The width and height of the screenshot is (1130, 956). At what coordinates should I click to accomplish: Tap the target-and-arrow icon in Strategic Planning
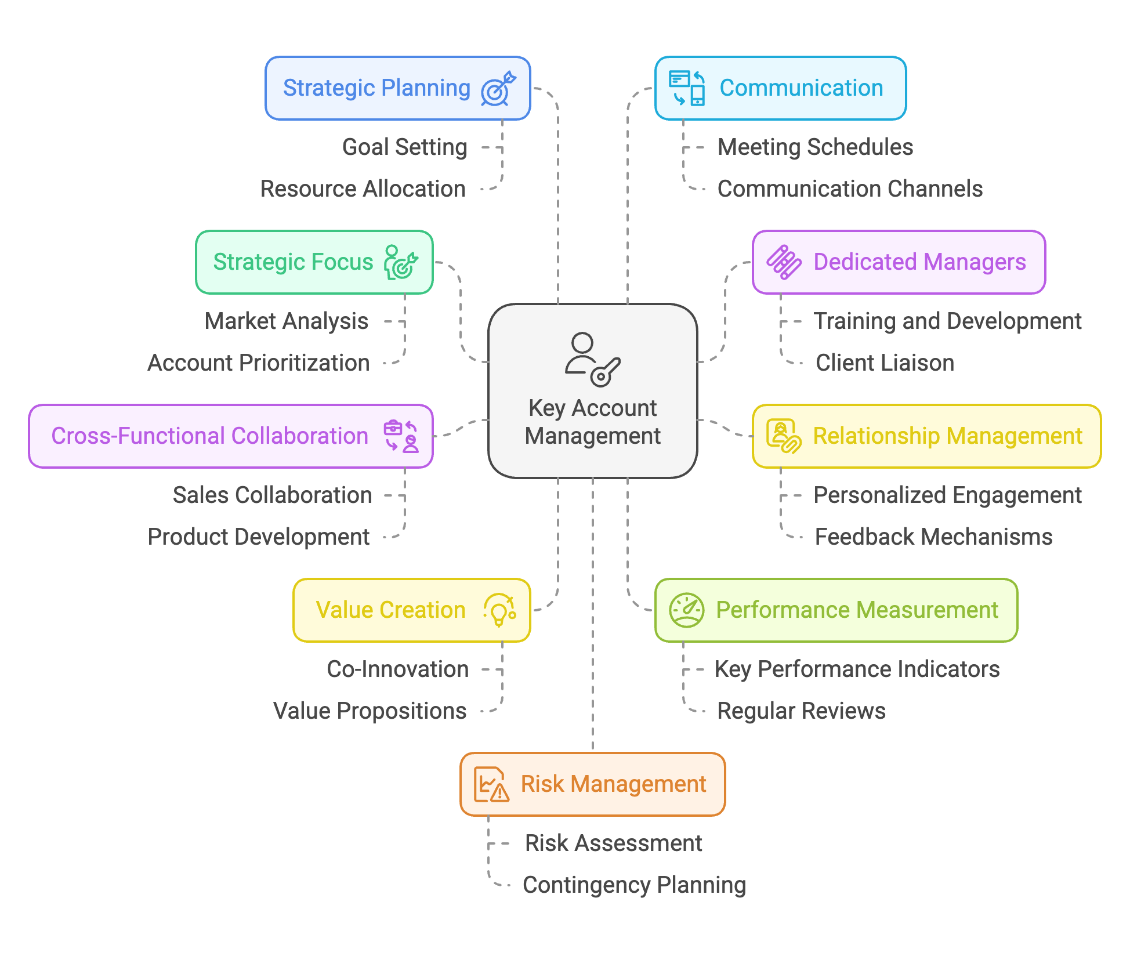(x=498, y=89)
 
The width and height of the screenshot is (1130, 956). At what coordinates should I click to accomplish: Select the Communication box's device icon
(x=687, y=88)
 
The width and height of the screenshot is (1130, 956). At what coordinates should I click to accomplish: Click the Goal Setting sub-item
(x=404, y=147)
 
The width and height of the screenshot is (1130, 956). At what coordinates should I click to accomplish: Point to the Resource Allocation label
(x=363, y=189)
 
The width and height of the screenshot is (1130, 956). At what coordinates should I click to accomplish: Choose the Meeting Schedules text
(x=815, y=147)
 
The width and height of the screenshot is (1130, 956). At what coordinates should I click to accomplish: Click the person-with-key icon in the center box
(x=592, y=360)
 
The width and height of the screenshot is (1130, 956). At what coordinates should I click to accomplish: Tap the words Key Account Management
(x=592, y=422)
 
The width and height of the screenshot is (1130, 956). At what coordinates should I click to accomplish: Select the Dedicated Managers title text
(x=919, y=262)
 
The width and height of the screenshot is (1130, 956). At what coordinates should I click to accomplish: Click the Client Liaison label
(x=885, y=363)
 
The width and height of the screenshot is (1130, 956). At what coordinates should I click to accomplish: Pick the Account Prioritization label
(x=259, y=363)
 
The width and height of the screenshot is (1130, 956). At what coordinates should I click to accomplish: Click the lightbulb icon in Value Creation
(x=499, y=610)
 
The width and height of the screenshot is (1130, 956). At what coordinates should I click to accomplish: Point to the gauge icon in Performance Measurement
(x=686, y=610)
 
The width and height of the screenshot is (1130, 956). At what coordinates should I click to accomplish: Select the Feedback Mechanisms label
(x=933, y=537)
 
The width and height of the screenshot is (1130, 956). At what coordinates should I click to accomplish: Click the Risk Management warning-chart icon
(x=491, y=784)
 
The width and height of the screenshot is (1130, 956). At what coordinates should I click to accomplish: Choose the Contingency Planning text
(x=634, y=885)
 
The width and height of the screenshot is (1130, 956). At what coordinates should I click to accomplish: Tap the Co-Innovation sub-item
(x=397, y=669)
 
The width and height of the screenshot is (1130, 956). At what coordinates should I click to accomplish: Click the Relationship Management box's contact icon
(x=783, y=436)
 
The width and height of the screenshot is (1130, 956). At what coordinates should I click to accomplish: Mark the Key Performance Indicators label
(x=857, y=669)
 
